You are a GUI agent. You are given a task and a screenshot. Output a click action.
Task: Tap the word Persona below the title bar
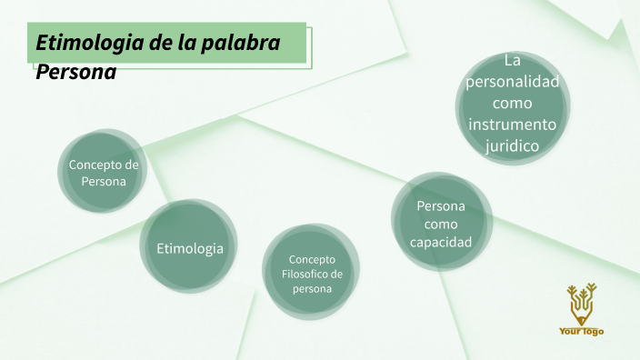76,72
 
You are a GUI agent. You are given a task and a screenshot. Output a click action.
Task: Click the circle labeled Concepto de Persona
103,173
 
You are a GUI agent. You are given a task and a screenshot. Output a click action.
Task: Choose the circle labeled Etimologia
190,246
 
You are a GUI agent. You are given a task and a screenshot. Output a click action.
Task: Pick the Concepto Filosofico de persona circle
311,273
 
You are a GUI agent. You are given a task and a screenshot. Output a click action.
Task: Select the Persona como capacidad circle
441,224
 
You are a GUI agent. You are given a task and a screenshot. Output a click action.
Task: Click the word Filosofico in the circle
310,274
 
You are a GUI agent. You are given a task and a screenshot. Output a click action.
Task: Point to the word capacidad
441,243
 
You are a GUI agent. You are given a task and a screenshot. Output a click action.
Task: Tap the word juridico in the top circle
512,145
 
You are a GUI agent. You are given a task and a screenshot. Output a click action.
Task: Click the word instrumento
512,125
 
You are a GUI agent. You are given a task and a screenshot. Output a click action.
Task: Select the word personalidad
512,82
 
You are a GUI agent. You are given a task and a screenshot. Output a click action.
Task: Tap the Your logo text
581,331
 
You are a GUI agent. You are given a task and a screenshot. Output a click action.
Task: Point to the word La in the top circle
512,61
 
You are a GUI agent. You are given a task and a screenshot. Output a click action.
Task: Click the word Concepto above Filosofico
312,259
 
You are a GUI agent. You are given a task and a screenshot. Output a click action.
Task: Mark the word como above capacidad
441,224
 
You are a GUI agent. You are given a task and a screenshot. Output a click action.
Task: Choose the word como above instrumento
512,103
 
